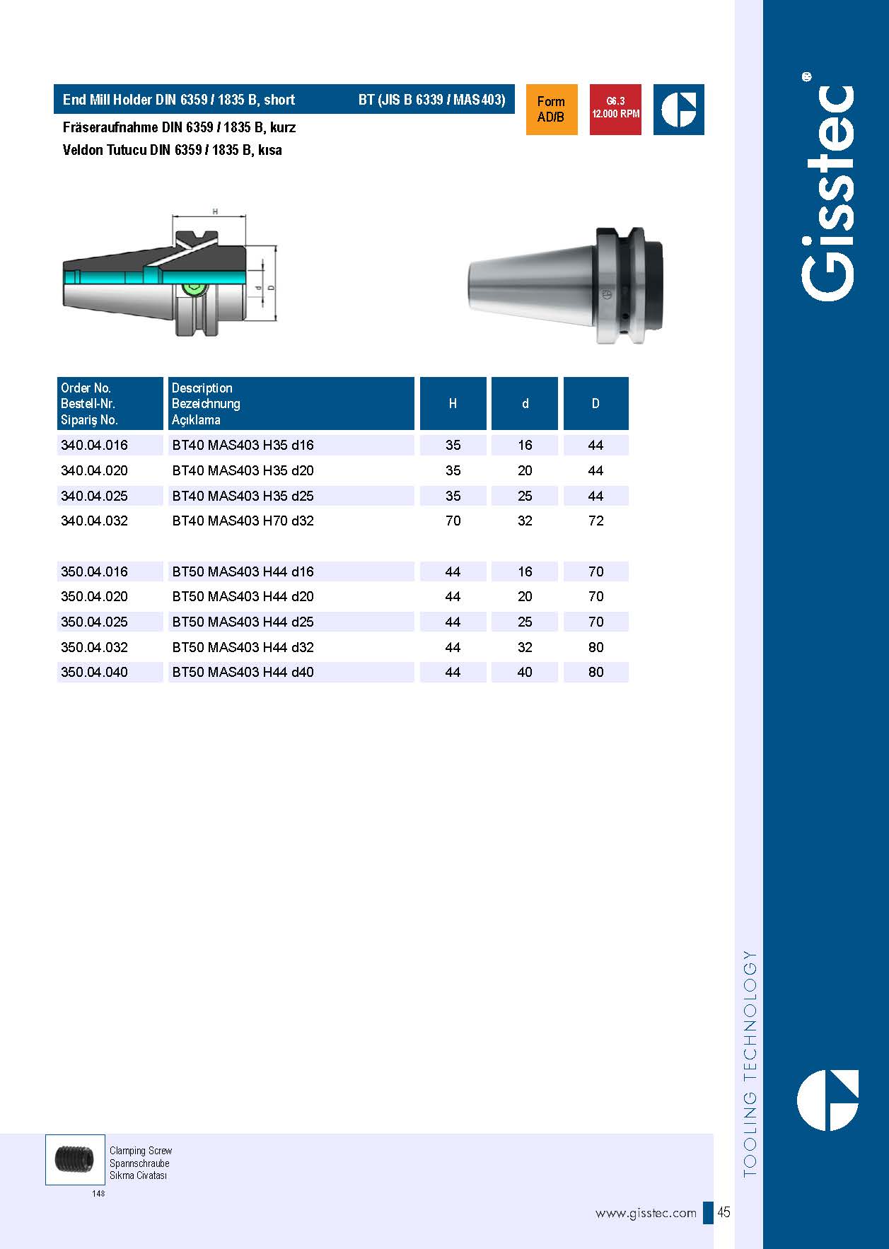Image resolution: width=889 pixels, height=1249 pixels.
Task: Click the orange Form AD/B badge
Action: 551,110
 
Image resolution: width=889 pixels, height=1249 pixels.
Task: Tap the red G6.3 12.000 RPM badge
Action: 615,110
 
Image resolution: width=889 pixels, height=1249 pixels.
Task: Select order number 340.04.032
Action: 95,521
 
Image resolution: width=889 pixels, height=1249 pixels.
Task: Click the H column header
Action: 453,404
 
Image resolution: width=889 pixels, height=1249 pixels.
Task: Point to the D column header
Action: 595,404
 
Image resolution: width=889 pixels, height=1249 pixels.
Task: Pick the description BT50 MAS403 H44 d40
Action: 243,673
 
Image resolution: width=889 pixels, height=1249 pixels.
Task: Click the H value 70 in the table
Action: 453,521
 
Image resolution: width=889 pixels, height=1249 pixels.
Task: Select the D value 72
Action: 596,521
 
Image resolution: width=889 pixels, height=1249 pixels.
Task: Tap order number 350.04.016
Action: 95,571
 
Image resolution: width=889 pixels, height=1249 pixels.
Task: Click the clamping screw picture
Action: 74,1160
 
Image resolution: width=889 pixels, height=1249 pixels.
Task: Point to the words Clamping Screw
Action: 141,1151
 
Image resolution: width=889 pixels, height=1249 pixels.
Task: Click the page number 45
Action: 724,1212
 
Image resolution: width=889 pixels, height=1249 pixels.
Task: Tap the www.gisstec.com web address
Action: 646,1214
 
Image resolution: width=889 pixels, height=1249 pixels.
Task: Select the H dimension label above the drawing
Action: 215,211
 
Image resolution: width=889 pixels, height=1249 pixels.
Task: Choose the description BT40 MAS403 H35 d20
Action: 243,471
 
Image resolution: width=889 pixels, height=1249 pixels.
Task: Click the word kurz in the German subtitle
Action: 282,128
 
